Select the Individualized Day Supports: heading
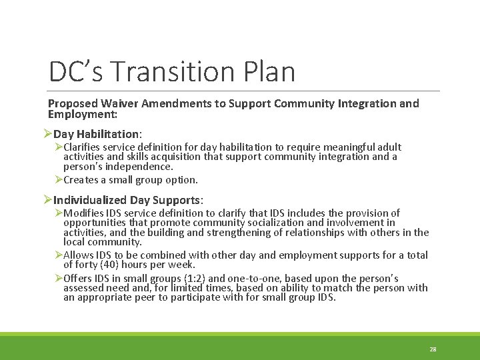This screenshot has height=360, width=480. [128, 200]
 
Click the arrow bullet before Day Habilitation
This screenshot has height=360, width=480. [47, 134]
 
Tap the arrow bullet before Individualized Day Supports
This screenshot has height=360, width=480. [47, 200]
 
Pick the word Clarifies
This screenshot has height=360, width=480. [84, 147]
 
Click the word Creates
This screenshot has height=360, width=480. [82, 179]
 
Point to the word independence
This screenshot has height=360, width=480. [140, 166]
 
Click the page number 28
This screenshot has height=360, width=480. [433, 349]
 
